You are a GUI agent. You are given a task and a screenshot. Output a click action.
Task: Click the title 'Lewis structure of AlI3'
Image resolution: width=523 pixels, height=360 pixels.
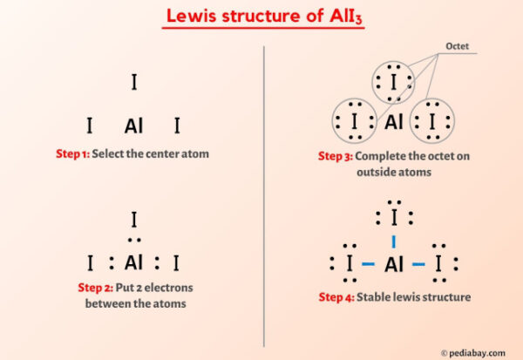coord(261,17)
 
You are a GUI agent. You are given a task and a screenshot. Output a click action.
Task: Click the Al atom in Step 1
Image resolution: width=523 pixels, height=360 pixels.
coord(133,126)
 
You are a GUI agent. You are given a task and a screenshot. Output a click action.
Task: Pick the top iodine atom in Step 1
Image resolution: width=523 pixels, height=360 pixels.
coord(133,83)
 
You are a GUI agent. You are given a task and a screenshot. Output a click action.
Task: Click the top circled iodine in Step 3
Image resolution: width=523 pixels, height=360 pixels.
coord(394,85)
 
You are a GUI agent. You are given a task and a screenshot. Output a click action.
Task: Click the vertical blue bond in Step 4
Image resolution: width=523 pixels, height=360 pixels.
coord(394,240)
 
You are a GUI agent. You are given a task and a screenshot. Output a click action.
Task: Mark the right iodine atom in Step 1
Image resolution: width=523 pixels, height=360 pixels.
coord(177,126)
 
